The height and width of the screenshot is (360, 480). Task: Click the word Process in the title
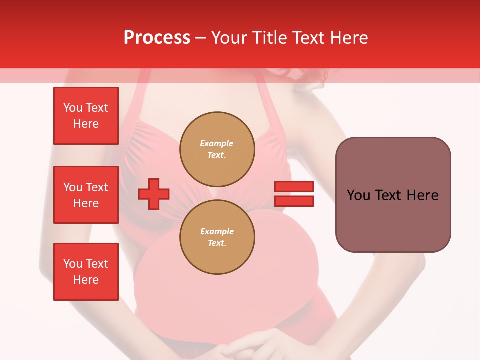point(157,38)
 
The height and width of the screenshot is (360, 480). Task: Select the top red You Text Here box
point(86,116)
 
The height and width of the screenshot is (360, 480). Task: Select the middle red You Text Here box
point(86,195)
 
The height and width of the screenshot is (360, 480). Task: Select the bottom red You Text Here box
point(86,272)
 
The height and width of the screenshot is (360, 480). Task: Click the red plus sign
point(154,194)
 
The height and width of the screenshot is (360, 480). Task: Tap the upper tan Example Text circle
point(217,149)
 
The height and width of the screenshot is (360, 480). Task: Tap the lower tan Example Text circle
point(217,237)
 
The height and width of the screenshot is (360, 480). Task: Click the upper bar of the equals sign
point(294,186)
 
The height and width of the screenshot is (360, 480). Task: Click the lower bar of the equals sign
point(294,201)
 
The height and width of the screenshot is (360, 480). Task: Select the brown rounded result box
point(393,195)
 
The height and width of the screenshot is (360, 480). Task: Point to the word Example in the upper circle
point(216,143)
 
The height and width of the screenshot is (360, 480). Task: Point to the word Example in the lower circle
point(217,231)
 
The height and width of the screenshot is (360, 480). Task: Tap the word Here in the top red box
point(86,124)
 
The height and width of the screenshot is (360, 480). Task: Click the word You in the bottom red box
point(73,264)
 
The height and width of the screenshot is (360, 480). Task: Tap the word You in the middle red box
point(73,187)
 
